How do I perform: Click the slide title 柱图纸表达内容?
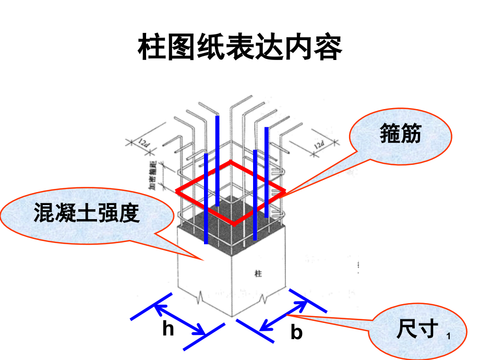point(239,49)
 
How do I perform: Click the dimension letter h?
point(167,329)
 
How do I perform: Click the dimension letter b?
point(296,332)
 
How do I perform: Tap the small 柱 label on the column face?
point(257,273)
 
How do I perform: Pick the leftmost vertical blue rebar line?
point(207,198)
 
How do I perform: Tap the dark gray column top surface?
point(230,217)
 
